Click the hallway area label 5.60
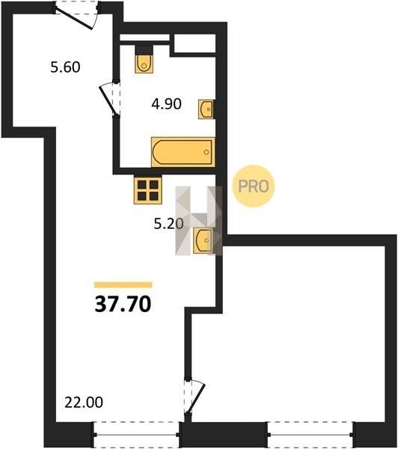click(x=65, y=67)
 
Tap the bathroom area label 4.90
click(x=166, y=104)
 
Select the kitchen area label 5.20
click(x=168, y=224)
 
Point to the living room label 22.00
click(x=84, y=403)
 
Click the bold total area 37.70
click(x=123, y=304)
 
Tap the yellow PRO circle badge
click(x=254, y=186)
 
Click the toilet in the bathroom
click(x=144, y=59)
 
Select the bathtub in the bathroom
click(x=183, y=152)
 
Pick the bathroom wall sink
click(x=206, y=109)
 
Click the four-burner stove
click(x=147, y=190)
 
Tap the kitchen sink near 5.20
click(x=203, y=240)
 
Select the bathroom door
click(x=110, y=98)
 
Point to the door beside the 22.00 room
click(x=195, y=397)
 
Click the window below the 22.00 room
click(x=136, y=435)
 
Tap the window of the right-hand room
click(x=310, y=435)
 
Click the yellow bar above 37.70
click(x=123, y=284)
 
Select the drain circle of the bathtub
click(x=206, y=152)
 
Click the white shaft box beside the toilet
click(x=195, y=43)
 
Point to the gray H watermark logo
click(x=199, y=221)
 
